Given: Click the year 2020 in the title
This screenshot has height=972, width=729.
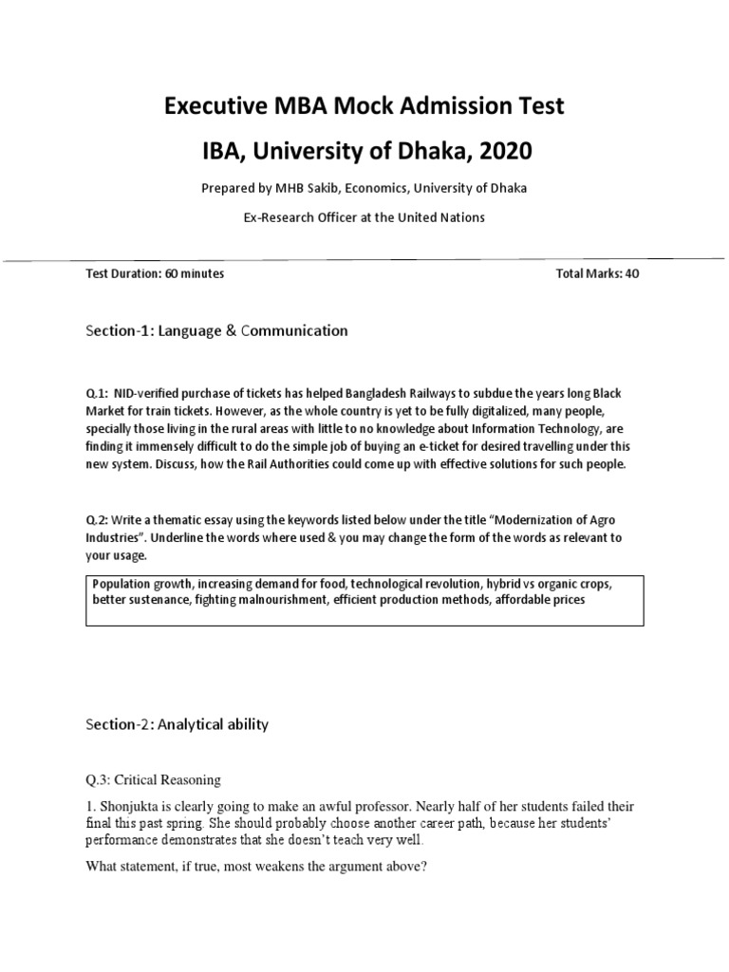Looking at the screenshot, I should tap(502, 150).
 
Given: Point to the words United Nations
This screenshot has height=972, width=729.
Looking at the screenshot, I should tap(444, 217).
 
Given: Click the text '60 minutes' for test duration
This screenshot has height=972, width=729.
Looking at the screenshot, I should tap(195, 273).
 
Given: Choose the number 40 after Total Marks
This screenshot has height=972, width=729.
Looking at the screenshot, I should tap(634, 273).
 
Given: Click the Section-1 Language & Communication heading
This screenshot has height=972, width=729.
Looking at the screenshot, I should tap(216, 330).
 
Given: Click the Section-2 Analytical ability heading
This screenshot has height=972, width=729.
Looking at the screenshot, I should tap(178, 724).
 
